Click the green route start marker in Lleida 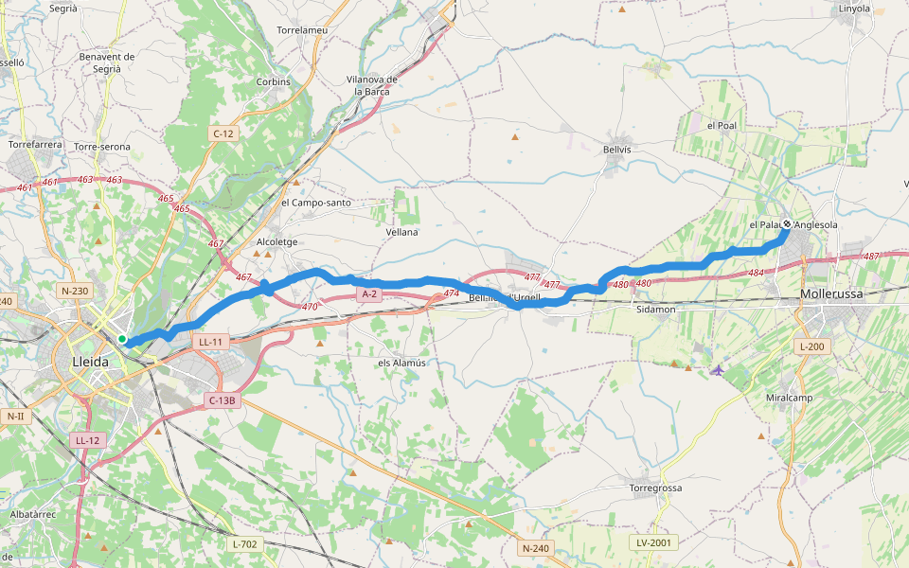click(x=122, y=339)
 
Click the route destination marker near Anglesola click(x=787, y=224)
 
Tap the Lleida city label click(x=91, y=362)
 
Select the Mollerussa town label click(x=831, y=294)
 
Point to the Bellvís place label click(x=616, y=150)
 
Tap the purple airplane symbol click(x=717, y=369)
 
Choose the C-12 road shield click(x=223, y=133)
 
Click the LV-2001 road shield click(x=653, y=542)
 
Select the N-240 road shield click(x=535, y=548)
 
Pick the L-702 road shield click(x=244, y=544)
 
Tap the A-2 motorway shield click(x=369, y=294)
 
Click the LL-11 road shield click(x=210, y=341)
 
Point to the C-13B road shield click(x=221, y=400)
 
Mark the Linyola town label click(x=854, y=9)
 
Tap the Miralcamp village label click(x=789, y=398)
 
